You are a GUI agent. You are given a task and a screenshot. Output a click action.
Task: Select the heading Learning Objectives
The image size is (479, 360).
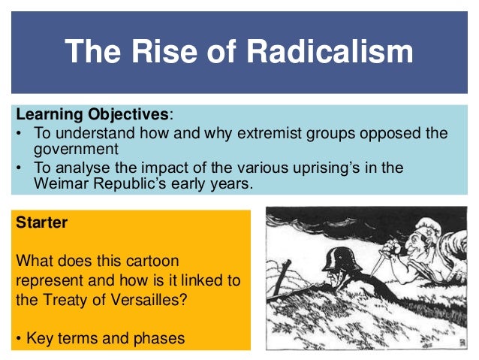coord(92,116)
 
